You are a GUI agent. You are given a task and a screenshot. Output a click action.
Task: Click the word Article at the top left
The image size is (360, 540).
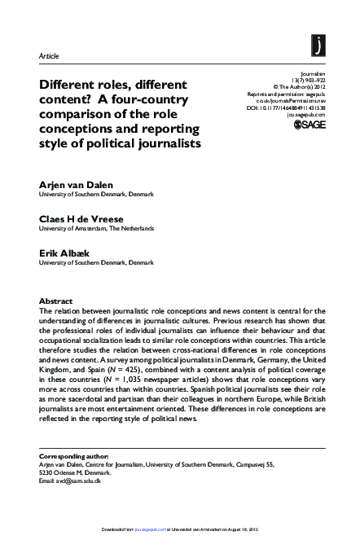pos(50,55)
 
